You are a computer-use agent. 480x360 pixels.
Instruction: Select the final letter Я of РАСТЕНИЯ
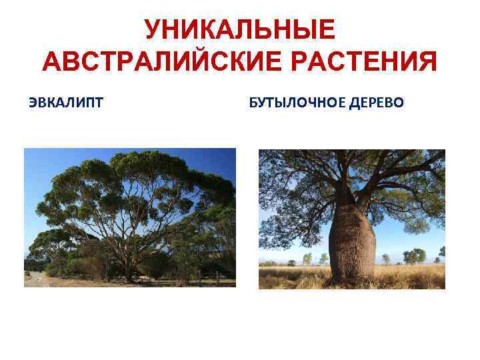[x=427, y=63]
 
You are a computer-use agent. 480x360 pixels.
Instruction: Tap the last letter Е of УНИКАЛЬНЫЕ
[x=325, y=30]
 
